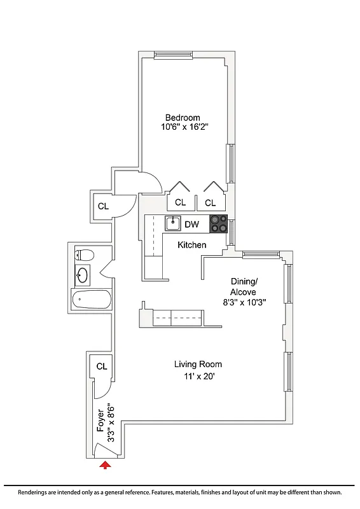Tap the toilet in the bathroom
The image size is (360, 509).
[x=85, y=256]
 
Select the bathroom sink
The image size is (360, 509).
[x=83, y=275]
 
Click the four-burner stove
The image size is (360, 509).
[x=218, y=224]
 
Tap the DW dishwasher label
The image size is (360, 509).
[x=191, y=225]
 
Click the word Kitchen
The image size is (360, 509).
[x=191, y=245]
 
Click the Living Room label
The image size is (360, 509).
[x=198, y=365]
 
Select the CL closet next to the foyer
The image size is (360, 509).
[x=102, y=366]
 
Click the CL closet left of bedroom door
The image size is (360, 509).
[x=103, y=206]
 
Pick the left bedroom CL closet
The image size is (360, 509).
[x=180, y=203]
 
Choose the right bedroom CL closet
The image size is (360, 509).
[x=211, y=203]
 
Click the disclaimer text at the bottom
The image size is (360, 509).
[x=180, y=492]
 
